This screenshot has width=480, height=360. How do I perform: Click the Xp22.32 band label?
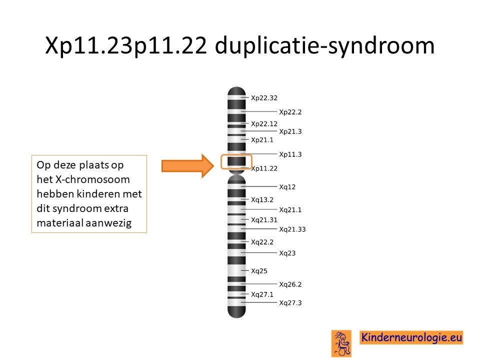264,98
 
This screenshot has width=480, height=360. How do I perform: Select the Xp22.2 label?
290,112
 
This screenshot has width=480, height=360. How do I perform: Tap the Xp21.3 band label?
290,131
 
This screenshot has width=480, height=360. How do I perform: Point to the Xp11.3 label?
290,154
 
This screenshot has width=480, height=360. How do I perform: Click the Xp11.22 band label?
264,168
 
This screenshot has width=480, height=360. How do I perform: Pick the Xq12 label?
287,186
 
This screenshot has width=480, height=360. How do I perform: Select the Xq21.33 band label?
292,229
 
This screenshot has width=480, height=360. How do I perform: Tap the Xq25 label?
259,271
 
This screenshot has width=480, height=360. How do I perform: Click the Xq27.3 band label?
290,303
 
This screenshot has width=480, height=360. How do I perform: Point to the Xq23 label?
287,253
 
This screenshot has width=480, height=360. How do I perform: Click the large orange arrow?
187,166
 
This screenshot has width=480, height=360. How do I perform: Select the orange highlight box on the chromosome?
236,155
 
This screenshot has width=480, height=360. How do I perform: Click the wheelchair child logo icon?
341,343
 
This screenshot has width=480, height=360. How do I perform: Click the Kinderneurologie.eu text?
411,337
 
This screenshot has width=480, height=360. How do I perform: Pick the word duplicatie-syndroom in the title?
324,46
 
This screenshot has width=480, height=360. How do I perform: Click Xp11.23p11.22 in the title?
126,46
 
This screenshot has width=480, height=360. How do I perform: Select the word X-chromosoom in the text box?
92,179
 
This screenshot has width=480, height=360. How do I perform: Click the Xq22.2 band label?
262,242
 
